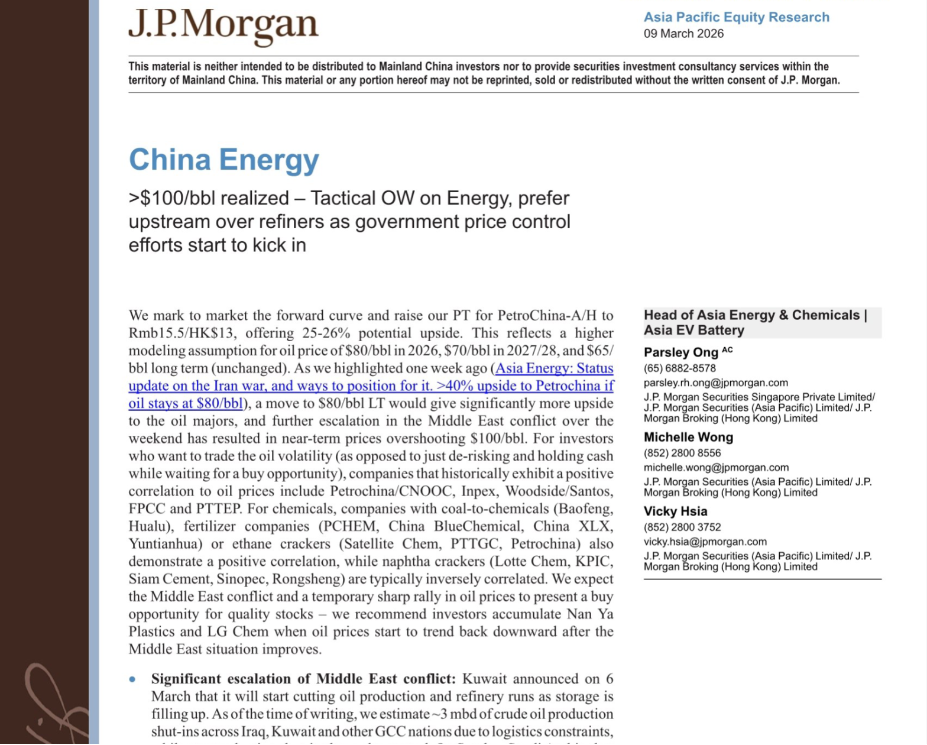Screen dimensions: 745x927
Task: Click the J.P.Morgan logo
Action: click(x=223, y=26)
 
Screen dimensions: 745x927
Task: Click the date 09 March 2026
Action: click(x=683, y=34)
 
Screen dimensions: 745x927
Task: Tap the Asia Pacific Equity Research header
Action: click(x=736, y=17)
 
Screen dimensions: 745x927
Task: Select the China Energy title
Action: click(x=224, y=160)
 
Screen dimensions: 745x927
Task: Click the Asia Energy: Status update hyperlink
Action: click(x=371, y=386)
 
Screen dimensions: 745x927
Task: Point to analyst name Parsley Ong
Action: click(x=680, y=352)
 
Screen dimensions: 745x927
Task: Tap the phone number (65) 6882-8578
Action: click(x=679, y=368)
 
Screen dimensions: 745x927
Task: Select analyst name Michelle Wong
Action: click(x=688, y=438)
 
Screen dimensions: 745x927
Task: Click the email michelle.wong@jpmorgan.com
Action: click(x=716, y=468)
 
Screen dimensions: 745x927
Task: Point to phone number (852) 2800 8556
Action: click(x=682, y=453)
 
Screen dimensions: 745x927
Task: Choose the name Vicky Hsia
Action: click(x=675, y=511)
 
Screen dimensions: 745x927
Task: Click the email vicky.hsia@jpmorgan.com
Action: click(x=705, y=542)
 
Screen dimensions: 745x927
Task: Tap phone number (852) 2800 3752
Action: click(x=682, y=527)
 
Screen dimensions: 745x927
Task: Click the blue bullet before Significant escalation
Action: click(x=132, y=679)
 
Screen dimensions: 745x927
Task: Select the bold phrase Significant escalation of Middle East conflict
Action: click(x=303, y=679)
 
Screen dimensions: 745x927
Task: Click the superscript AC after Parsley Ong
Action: click(x=727, y=349)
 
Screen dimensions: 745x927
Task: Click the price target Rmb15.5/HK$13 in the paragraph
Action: click(x=181, y=333)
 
